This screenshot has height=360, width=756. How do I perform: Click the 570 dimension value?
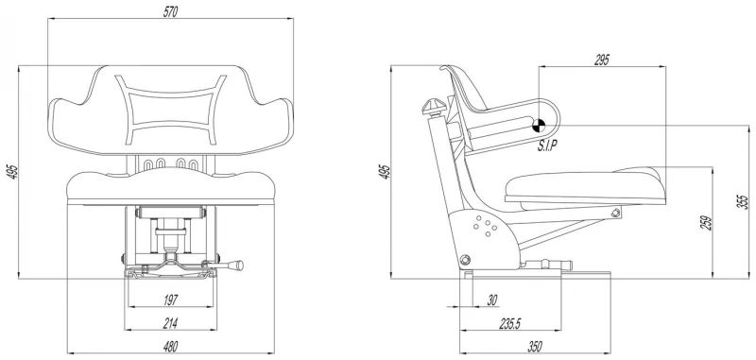[171, 12]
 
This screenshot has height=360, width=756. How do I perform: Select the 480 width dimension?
[171, 346]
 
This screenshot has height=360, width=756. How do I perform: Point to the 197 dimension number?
[171, 300]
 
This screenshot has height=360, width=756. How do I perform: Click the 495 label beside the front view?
[12, 172]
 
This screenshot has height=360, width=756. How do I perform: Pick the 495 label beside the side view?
[385, 172]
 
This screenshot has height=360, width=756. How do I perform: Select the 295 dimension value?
[602, 60]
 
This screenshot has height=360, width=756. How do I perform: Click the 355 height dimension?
[744, 201]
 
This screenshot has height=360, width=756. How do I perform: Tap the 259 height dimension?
[706, 223]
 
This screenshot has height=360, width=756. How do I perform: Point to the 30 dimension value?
[491, 300]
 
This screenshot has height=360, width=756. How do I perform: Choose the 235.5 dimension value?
[510, 323]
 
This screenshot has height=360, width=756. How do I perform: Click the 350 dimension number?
[535, 346]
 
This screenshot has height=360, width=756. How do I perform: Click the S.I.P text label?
[548, 146]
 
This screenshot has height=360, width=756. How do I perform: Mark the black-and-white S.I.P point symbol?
[539, 126]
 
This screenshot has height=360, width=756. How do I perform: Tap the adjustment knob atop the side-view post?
[433, 106]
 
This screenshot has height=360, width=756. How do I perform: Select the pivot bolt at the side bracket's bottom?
[465, 261]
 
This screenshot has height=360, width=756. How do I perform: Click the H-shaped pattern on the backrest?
[171, 110]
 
